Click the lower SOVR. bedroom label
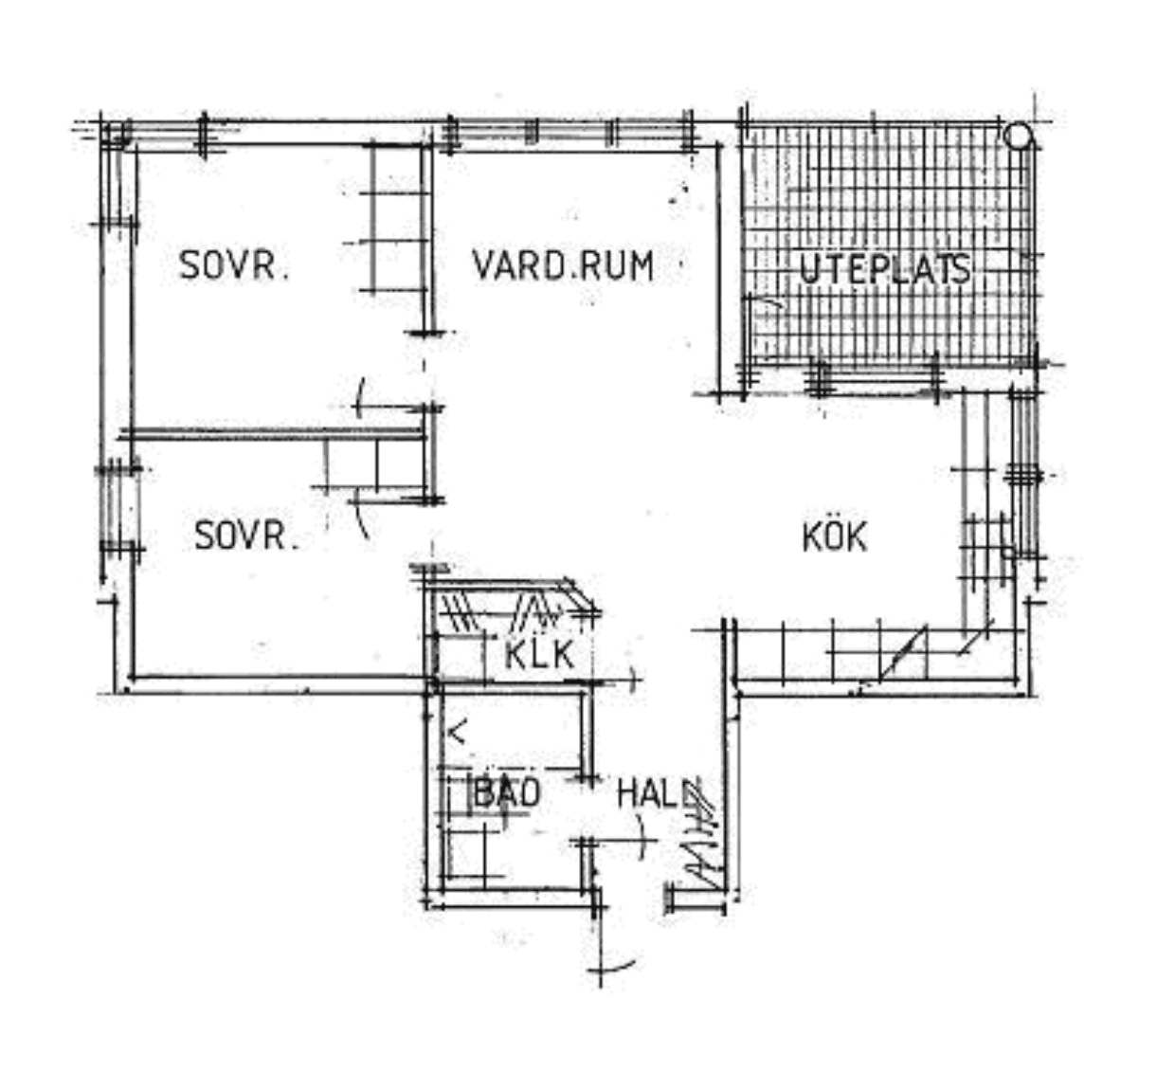(x=246, y=536)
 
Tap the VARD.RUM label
(x=563, y=265)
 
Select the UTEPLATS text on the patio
(x=885, y=269)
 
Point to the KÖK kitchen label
(x=834, y=536)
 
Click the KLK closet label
(x=539, y=654)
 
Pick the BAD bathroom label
(x=507, y=792)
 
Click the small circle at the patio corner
(x=1018, y=136)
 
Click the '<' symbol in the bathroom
(x=458, y=732)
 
